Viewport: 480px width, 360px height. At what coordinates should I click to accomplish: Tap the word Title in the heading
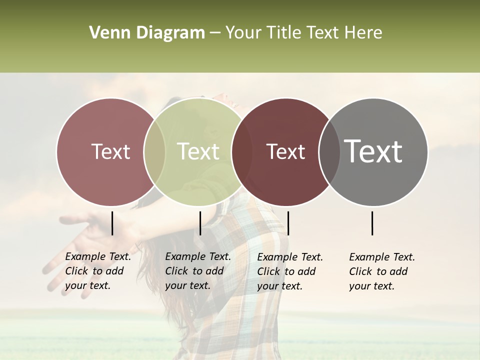(283, 33)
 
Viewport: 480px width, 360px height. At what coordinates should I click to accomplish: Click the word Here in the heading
(364, 33)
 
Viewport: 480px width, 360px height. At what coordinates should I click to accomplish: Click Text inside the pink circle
(110, 151)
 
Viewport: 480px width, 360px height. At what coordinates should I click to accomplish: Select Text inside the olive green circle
(198, 151)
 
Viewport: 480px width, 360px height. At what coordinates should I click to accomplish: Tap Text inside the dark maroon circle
(285, 151)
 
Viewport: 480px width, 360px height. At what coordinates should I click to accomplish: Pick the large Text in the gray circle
(373, 151)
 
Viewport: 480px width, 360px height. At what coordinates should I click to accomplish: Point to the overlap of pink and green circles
(154, 151)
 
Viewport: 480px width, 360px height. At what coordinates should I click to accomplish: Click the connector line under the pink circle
(112, 223)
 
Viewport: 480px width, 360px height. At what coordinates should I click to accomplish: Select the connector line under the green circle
(200, 223)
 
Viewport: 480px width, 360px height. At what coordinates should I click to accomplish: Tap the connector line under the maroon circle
(288, 223)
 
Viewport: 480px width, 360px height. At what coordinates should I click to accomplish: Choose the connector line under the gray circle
(372, 223)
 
